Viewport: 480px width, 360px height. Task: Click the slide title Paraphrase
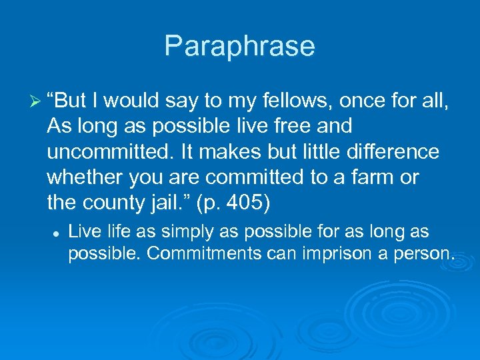coord(239,46)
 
